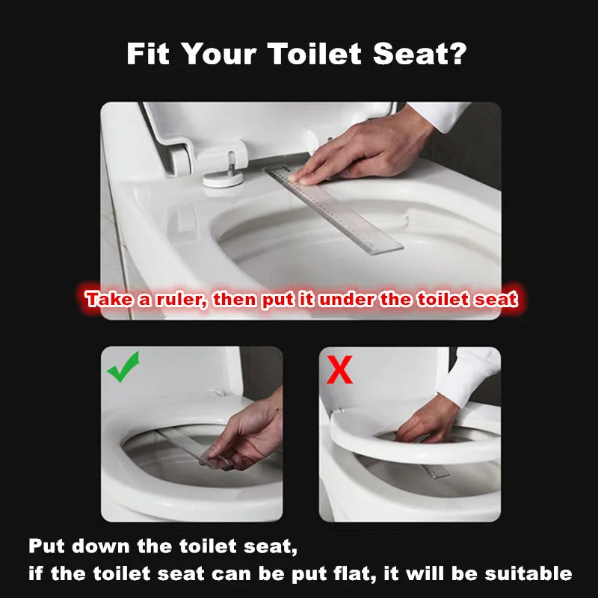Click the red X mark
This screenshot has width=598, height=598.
[x=339, y=369]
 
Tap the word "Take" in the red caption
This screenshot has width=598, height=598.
[x=109, y=300]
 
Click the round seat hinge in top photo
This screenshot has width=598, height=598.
[x=223, y=178]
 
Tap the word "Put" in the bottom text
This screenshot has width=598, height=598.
[x=46, y=546]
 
